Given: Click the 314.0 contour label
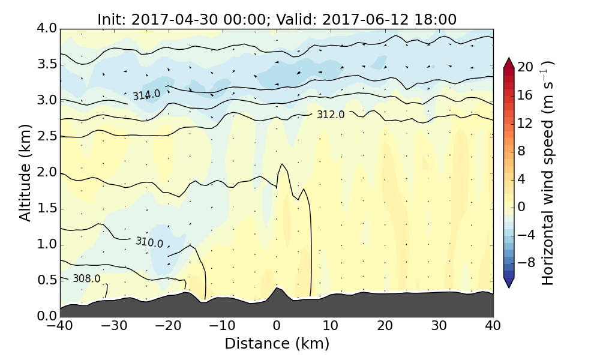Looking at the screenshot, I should pyautogui.click(x=146, y=95).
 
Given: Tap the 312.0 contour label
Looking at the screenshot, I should pyautogui.click(x=331, y=115).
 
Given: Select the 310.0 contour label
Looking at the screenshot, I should pyautogui.click(x=149, y=242).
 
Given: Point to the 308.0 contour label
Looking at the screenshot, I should pyautogui.click(x=86, y=278).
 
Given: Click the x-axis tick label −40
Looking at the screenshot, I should pyautogui.click(x=60, y=326).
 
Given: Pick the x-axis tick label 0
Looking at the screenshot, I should pyautogui.click(x=277, y=326).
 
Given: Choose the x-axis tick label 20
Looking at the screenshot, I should pyautogui.click(x=385, y=326).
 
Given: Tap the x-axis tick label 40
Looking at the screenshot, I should pyautogui.click(x=493, y=326).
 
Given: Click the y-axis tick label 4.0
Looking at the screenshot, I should pyautogui.click(x=46, y=29).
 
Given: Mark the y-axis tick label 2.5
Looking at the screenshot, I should pyautogui.click(x=46, y=137).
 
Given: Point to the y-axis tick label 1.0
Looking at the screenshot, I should pyautogui.click(x=46, y=245).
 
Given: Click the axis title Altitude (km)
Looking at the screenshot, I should pyautogui.click(x=25, y=173).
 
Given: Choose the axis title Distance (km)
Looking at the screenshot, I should pyautogui.click(x=277, y=344).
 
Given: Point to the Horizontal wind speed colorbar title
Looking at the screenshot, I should pyautogui.click(x=548, y=173).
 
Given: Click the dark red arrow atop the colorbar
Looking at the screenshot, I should pyautogui.click(x=509, y=62).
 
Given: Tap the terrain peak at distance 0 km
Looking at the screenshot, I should pyautogui.click(x=277, y=289).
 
